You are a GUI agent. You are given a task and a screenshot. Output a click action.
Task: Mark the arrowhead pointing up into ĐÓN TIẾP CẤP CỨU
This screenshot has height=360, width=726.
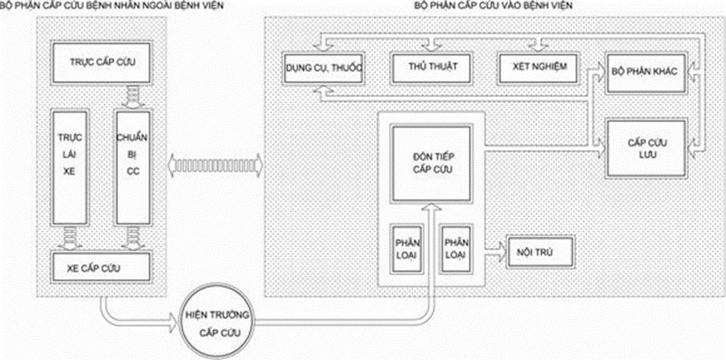pos(434,208)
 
